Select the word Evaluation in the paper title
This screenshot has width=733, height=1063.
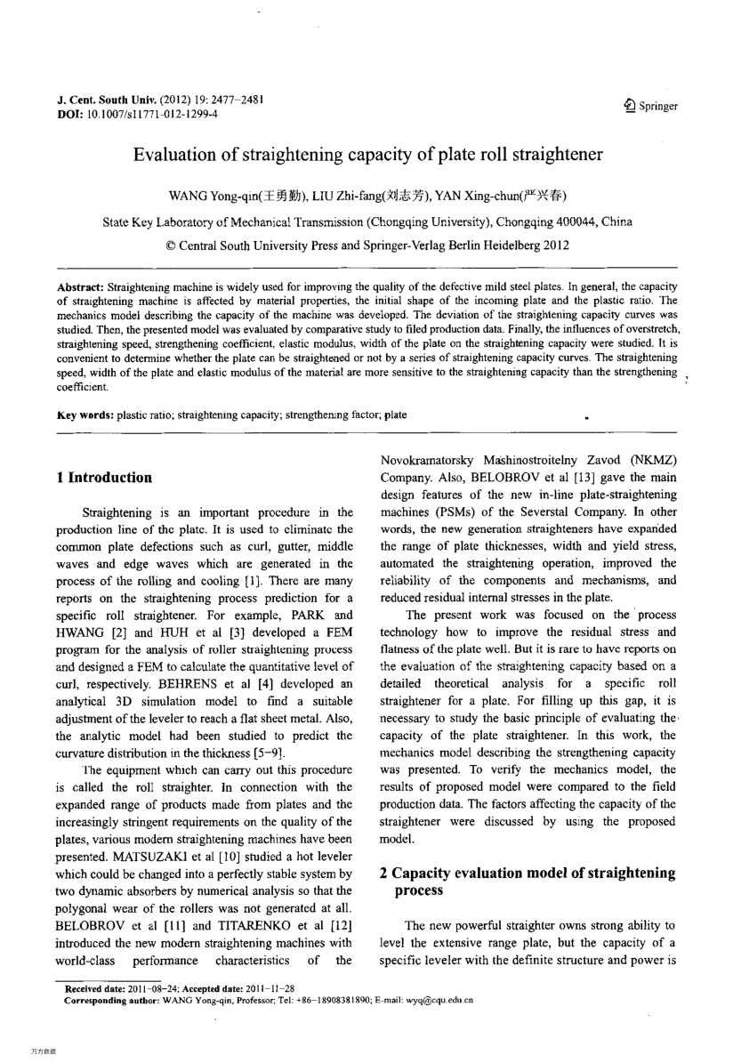[x=172, y=155]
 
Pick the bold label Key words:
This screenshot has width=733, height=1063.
[x=85, y=415]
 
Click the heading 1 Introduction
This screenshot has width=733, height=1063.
[x=104, y=478]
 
